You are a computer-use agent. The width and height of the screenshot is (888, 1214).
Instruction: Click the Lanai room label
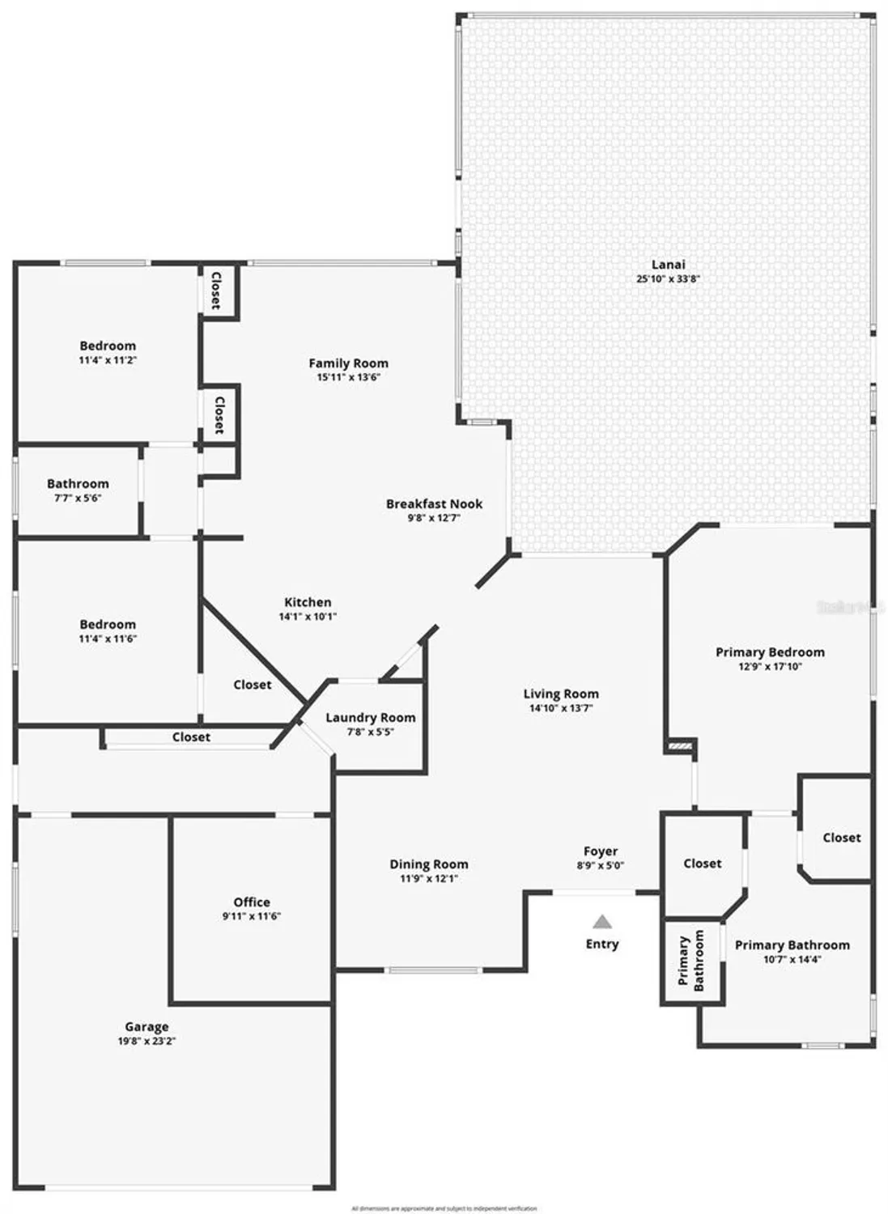(668, 265)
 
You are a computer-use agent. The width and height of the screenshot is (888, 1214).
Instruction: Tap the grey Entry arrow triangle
(601, 921)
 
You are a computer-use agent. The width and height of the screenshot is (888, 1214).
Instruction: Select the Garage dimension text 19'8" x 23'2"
(147, 1042)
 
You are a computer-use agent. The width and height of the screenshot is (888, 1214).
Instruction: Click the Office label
(252, 902)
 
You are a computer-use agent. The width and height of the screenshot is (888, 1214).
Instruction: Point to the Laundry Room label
(370, 718)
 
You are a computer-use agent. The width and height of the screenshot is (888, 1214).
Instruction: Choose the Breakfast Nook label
(434, 504)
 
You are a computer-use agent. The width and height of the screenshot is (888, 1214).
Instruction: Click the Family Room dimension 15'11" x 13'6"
(348, 377)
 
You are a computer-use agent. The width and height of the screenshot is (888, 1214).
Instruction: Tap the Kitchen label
(308, 602)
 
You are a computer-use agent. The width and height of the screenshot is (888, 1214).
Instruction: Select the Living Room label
(561, 694)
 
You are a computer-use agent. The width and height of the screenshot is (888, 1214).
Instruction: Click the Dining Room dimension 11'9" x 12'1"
(429, 878)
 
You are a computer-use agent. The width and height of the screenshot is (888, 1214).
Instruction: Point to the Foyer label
(601, 851)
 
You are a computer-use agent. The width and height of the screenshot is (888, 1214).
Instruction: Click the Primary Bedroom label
(770, 652)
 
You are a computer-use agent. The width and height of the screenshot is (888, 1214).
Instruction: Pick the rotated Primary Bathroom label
(691, 960)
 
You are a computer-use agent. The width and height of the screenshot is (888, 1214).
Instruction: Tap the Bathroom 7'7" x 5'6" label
(78, 484)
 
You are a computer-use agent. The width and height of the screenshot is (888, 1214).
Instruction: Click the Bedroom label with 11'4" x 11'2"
(108, 346)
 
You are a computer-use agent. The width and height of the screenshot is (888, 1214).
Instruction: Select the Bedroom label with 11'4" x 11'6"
(108, 625)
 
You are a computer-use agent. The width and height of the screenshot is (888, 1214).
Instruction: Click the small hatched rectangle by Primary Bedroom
(681, 746)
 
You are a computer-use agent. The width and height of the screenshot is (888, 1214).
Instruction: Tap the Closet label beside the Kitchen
(253, 685)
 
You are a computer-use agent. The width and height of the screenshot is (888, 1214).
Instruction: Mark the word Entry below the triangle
(602, 944)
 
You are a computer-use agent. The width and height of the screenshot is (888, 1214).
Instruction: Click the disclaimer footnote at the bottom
(444, 1208)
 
